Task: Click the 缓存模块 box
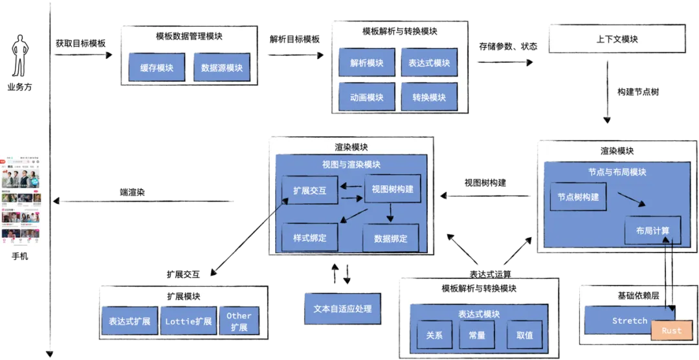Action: pos(157,67)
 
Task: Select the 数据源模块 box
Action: pos(221,67)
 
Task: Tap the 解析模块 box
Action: pos(367,63)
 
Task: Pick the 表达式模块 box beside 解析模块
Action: pos(429,63)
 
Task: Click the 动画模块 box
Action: pos(367,97)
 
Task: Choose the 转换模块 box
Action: pos(429,97)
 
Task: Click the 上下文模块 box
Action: pos(617,39)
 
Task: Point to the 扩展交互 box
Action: pos(309,190)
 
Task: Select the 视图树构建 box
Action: pos(392,189)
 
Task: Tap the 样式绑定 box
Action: pos(309,238)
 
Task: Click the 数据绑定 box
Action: pos(390,238)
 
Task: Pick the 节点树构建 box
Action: pos(578,197)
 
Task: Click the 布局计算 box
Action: pos(652,231)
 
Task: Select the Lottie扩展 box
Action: pos(188,321)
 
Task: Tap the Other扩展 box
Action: pos(239,321)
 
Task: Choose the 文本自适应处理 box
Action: pos(342,309)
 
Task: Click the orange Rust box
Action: pos(671,330)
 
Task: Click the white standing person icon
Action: pos(21,57)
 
